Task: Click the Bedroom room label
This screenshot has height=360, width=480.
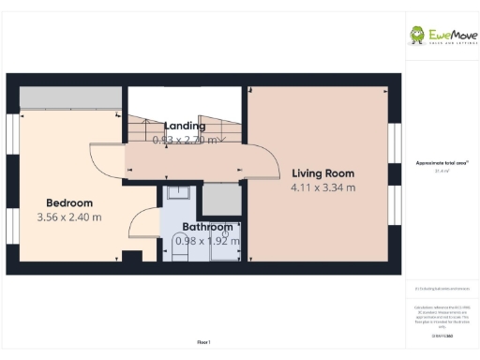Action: tap(69, 203)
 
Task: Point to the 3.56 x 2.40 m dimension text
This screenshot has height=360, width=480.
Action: tap(69, 217)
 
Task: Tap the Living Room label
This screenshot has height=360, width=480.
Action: tap(322, 173)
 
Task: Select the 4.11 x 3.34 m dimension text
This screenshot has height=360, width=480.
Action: tap(322, 187)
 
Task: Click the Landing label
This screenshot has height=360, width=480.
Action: tap(184, 127)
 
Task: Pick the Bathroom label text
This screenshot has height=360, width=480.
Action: tap(207, 228)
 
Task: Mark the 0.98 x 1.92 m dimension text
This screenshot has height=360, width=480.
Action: tap(207, 241)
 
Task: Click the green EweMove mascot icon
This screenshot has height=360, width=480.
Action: tap(417, 36)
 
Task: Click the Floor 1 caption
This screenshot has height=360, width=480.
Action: tap(204, 342)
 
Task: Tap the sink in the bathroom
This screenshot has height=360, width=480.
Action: tap(177, 194)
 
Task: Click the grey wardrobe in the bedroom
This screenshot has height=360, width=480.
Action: tap(69, 97)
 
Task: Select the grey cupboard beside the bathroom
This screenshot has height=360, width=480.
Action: tap(221, 200)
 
